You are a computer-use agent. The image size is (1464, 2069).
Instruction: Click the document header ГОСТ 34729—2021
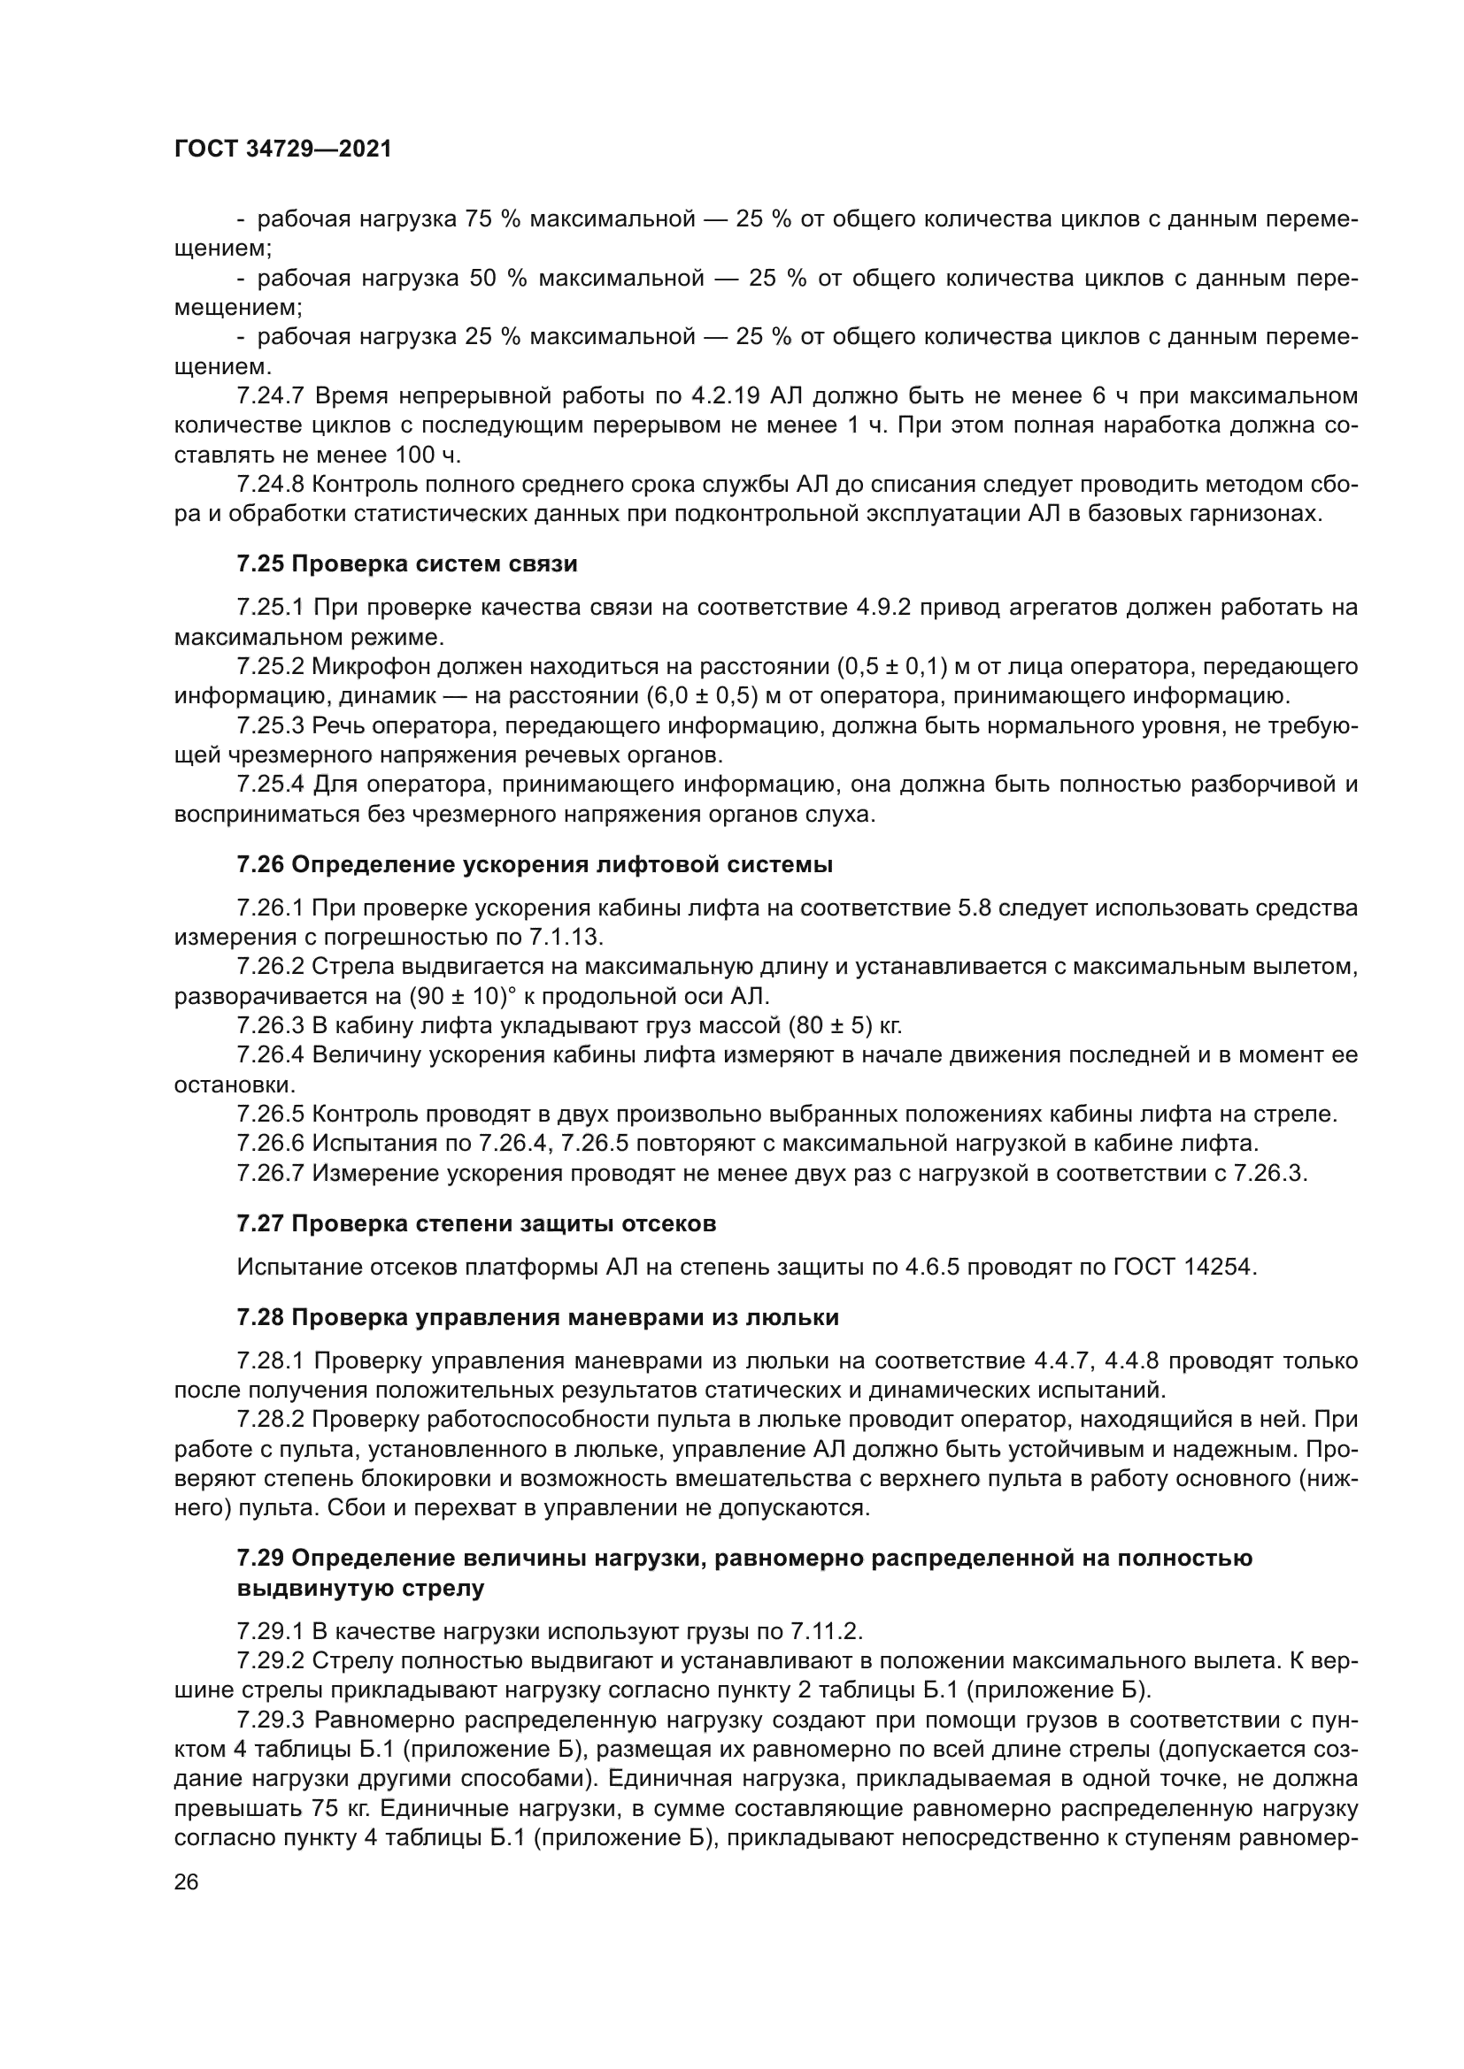point(283,149)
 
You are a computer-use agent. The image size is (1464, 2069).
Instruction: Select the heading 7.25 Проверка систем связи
point(406,564)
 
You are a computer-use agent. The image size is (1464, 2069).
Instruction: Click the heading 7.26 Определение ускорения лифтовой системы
point(535,865)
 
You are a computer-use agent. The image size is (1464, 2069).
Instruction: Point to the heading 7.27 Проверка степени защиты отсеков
point(476,1223)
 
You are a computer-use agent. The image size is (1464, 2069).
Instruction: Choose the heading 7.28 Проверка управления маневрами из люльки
point(537,1317)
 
